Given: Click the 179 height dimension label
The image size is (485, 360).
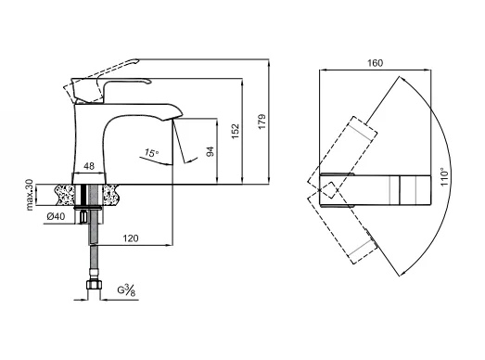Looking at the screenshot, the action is (x=262, y=122).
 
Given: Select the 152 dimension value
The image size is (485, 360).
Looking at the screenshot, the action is (x=236, y=131).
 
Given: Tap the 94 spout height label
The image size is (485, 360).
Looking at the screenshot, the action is (x=211, y=151).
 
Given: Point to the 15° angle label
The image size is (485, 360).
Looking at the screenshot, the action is (x=151, y=152).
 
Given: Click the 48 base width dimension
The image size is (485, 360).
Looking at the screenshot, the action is (x=89, y=166).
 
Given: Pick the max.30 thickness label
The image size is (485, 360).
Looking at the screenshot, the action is (x=30, y=195).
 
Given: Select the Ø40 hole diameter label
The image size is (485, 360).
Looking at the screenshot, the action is (x=56, y=216).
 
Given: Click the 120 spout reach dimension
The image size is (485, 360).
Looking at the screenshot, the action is (x=131, y=238).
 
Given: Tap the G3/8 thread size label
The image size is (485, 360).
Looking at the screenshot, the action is (x=126, y=290).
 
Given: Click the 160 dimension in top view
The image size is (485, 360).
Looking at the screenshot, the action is (x=375, y=63).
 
